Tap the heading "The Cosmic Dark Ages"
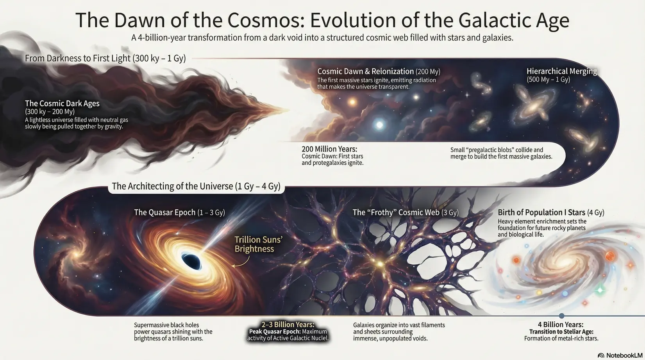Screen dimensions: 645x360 pos(62,103)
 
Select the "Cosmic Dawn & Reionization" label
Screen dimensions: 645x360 pos(365,71)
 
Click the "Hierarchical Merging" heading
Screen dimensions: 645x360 pos(562,71)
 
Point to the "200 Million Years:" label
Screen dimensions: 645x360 pos(329,149)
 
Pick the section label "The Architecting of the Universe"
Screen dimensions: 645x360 pos(172,186)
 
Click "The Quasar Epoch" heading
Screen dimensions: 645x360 pos(165,212)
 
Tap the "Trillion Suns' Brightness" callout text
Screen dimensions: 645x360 pos(258,244)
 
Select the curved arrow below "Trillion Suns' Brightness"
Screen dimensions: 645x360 pos(244,262)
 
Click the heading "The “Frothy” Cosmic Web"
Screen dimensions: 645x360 pos(396,212)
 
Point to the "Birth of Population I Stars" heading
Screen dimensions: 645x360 pos(541,212)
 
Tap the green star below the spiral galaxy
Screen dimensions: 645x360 pos(600,290)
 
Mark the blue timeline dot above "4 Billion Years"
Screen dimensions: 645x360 pos(561,316)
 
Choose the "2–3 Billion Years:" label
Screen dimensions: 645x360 pos(288,324)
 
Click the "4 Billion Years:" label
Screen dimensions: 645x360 pos(561,324)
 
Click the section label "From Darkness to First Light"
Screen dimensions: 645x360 pos(78,58)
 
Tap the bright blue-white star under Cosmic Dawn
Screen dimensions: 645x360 pos(379,125)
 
